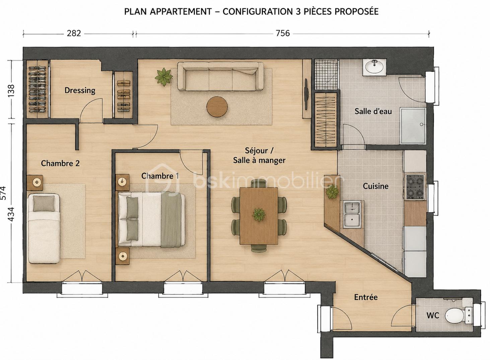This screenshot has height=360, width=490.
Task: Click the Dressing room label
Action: (80, 90)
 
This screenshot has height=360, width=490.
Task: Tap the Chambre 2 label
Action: (60, 163)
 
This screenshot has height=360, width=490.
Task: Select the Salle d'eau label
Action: (373, 111)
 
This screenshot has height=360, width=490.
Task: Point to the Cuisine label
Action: (375, 186)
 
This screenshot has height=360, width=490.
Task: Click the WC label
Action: (433, 315)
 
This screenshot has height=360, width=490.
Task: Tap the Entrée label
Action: (366, 297)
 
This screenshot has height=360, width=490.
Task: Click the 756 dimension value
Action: (283, 33)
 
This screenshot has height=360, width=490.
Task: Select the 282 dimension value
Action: (74, 33)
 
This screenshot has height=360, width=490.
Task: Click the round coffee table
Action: (217, 107)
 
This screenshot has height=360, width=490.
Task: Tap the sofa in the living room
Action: (220, 76)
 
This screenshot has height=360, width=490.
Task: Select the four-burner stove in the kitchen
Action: (415, 187)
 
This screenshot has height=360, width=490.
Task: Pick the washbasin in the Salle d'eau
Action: (375, 67)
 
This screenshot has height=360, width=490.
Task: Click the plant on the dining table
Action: (259, 214)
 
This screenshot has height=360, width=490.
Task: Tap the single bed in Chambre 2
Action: (44, 228)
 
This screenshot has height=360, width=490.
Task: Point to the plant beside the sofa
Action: (164, 77)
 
